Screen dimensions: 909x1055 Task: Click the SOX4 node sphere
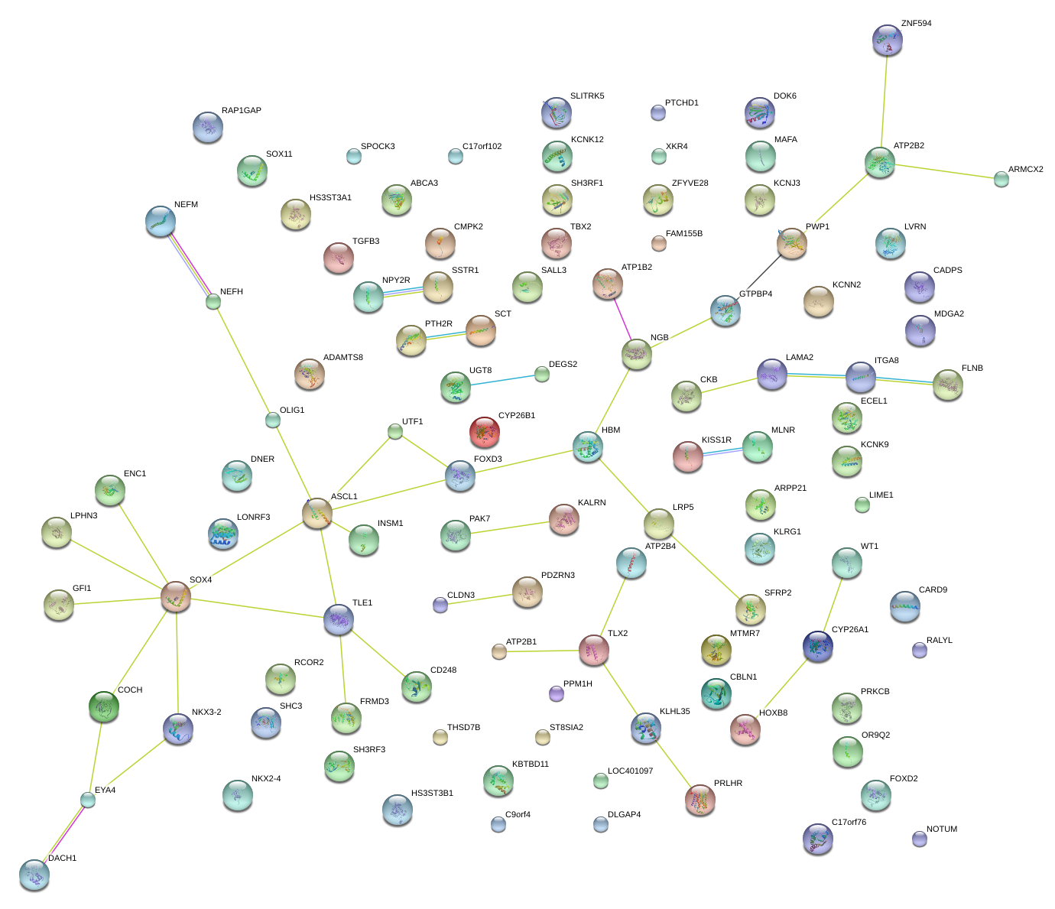pos(176,596)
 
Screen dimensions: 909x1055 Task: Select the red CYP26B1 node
pos(484,432)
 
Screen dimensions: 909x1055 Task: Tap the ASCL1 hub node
pos(317,513)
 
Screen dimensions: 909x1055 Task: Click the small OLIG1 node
pos(273,420)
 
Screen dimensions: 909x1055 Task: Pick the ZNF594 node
pos(887,40)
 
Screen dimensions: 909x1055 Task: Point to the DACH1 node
pos(34,874)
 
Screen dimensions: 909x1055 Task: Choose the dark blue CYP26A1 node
pos(818,646)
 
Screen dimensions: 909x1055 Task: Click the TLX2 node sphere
pos(594,649)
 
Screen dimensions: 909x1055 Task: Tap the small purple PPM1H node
pos(557,693)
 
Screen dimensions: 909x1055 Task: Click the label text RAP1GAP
pos(242,111)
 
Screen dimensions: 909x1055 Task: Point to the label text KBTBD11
pos(531,765)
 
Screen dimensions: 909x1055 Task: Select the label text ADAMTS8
pos(343,358)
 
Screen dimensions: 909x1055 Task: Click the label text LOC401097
pos(631,771)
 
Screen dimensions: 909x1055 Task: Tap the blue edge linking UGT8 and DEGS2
pos(500,381)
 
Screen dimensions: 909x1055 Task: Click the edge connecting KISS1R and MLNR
pos(722,452)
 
